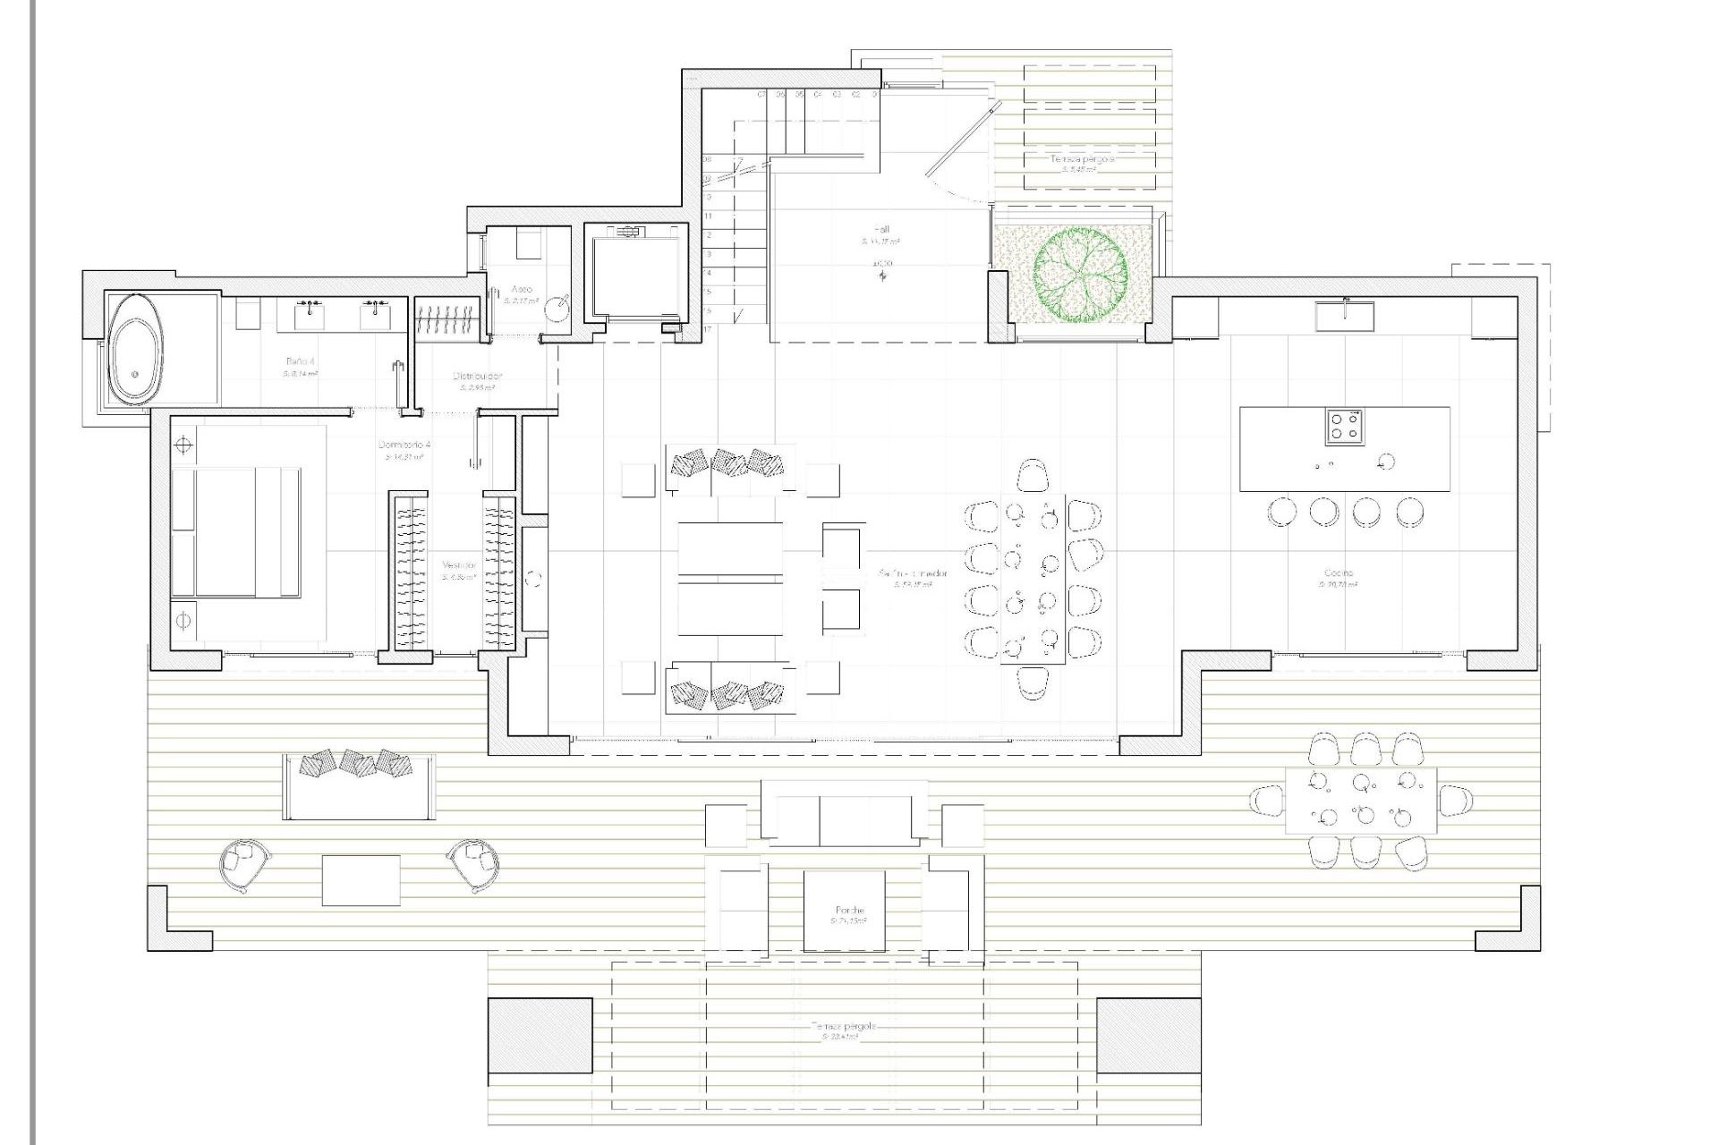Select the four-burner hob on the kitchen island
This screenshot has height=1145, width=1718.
tap(1345, 427)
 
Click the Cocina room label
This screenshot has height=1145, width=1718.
tap(1339, 573)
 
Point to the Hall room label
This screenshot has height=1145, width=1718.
tap(881, 230)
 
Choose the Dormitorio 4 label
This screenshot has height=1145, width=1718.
tap(404, 445)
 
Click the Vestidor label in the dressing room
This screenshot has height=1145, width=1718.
tap(458, 565)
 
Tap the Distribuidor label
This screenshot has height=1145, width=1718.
tap(477, 377)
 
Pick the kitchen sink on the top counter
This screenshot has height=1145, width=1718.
tap(1345, 315)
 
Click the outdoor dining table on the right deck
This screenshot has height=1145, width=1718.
tap(1361, 801)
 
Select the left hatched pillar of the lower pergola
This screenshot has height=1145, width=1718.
tap(540, 1035)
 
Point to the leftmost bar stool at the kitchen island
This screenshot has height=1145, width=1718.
tap(1281, 512)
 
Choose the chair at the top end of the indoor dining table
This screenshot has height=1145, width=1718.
tap(1033, 475)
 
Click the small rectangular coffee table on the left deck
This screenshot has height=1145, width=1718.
tap(361, 880)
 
